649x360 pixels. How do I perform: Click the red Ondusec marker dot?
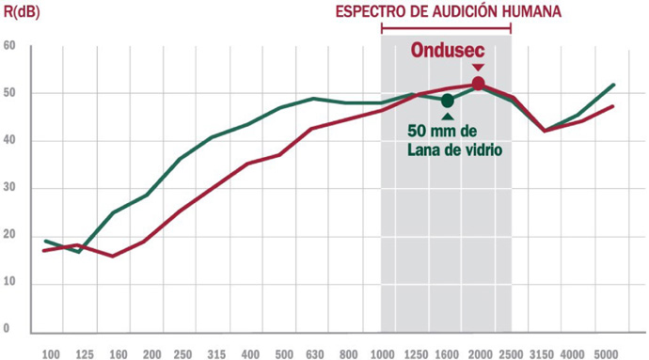[478, 84]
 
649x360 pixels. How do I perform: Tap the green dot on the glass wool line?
[448, 101]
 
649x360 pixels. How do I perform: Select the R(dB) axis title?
[22, 12]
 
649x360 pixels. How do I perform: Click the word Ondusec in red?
[448, 51]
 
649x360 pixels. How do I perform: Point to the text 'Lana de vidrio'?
[455, 149]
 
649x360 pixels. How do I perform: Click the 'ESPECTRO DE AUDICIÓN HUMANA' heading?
[449, 11]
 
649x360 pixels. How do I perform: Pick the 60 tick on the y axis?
[9, 45]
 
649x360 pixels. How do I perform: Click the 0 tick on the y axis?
[7, 329]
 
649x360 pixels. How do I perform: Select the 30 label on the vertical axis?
[9, 187]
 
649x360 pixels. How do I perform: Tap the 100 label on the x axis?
[52, 354]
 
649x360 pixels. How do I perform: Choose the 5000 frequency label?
[606, 354]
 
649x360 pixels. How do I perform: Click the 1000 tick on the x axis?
[382, 354]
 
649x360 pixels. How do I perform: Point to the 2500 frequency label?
[512, 354]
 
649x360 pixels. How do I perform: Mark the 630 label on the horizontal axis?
[315, 354]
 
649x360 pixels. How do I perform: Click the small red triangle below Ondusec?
[479, 68]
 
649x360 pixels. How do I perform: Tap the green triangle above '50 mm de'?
[448, 117]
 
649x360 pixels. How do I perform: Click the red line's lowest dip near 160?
[113, 257]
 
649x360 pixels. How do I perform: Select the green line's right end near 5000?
[613, 85]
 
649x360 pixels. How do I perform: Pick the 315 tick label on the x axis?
[217, 354]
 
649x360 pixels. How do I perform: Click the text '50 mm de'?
[442, 131]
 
